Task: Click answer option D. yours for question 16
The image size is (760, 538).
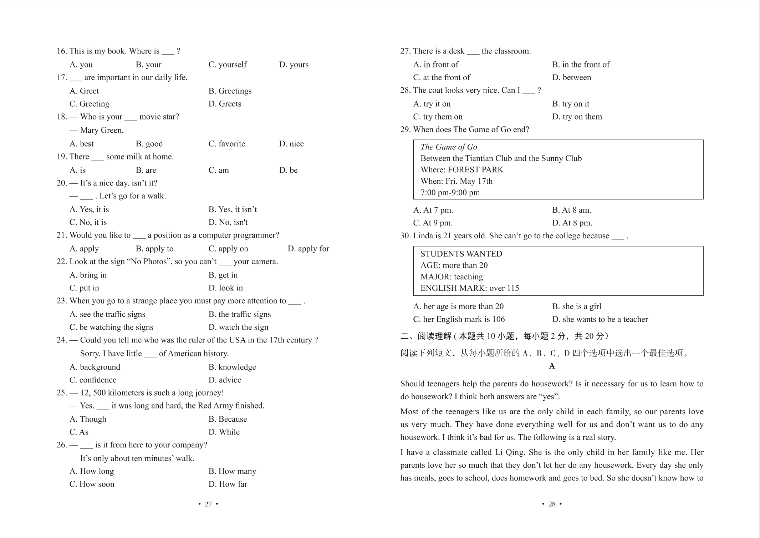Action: (294, 65)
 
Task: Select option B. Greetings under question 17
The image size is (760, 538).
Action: (230, 91)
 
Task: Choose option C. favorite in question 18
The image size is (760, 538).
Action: (226, 144)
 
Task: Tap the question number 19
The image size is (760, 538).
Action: (62, 157)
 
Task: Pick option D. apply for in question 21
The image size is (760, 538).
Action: (308, 249)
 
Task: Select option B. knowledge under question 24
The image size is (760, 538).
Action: (232, 367)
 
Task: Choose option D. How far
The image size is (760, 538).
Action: (228, 484)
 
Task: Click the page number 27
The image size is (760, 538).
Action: (208, 504)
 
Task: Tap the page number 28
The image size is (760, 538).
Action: (552, 504)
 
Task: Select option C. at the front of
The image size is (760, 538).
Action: (442, 77)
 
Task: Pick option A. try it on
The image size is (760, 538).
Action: (432, 104)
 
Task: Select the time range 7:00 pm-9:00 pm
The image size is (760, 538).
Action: (450, 193)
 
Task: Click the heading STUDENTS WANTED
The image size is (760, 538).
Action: (461, 254)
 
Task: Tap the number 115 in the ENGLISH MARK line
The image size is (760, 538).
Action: (512, 288)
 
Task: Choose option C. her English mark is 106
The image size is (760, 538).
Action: (459, 319)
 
